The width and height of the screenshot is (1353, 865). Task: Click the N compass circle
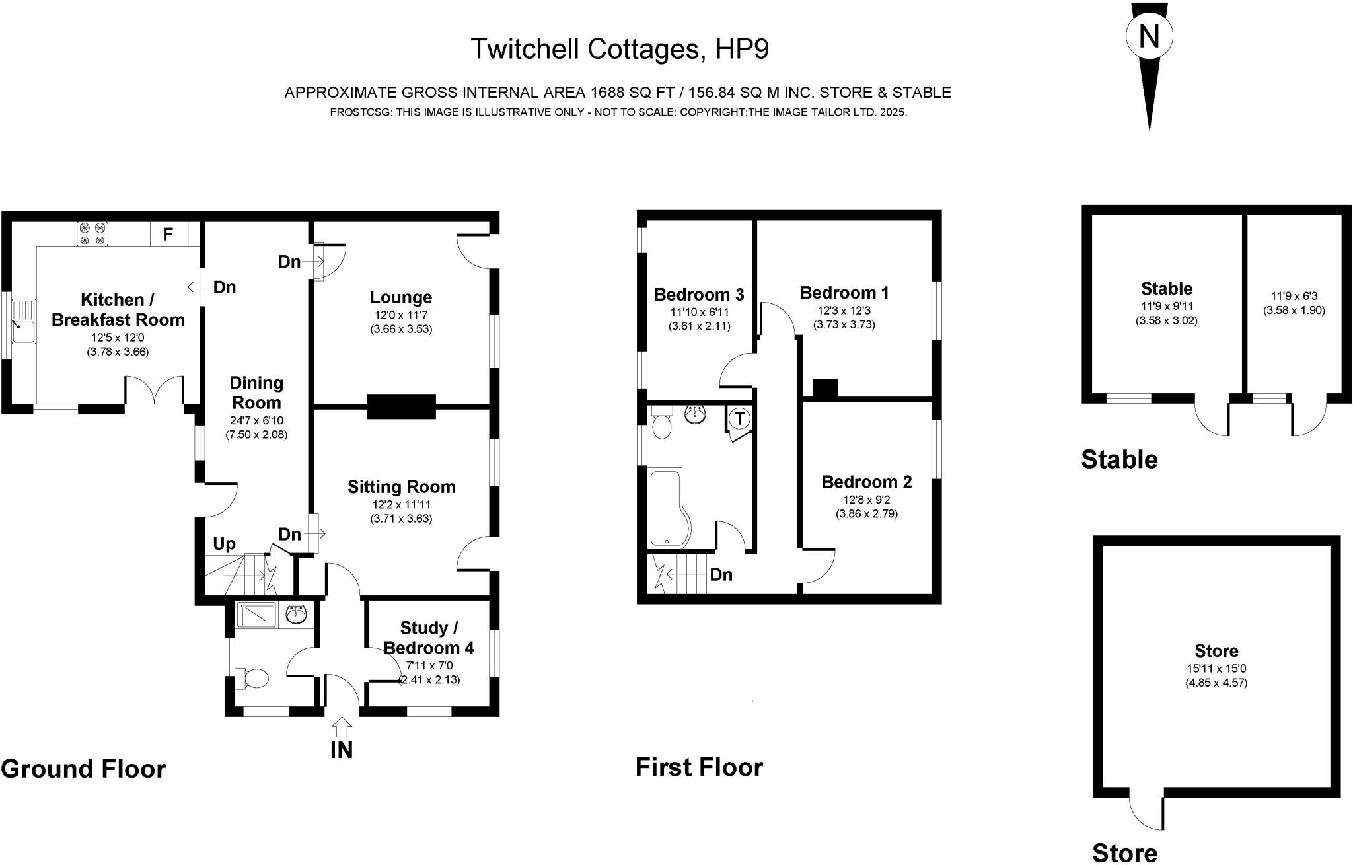pos(1149,36)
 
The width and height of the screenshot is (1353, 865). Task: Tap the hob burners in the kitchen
pos(92,235)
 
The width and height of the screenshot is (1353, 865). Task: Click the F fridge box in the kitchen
pos(168,234)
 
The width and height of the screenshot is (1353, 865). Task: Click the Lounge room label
pos(401,297)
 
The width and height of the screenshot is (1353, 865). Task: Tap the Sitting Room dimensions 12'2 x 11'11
pos(401,504)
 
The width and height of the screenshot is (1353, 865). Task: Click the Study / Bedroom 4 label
pos(429,638)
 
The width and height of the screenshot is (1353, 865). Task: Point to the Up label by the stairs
pos(224,544)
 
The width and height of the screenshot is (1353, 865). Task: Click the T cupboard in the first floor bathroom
pos(740,418)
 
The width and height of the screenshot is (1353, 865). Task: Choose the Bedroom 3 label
pos(699,294)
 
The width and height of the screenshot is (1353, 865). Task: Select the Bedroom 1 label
pos(844,293)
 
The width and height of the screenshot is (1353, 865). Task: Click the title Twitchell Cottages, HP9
pos(619,49)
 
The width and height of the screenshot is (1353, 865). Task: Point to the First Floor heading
pos(699,767)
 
